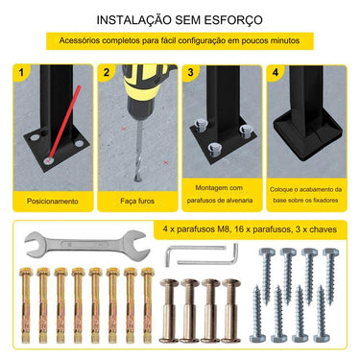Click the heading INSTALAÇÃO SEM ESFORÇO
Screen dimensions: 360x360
179,19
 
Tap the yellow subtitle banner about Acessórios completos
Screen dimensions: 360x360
179,42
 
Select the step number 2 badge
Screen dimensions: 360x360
108,73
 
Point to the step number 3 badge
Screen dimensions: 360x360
191,73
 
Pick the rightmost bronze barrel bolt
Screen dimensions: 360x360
230,317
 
